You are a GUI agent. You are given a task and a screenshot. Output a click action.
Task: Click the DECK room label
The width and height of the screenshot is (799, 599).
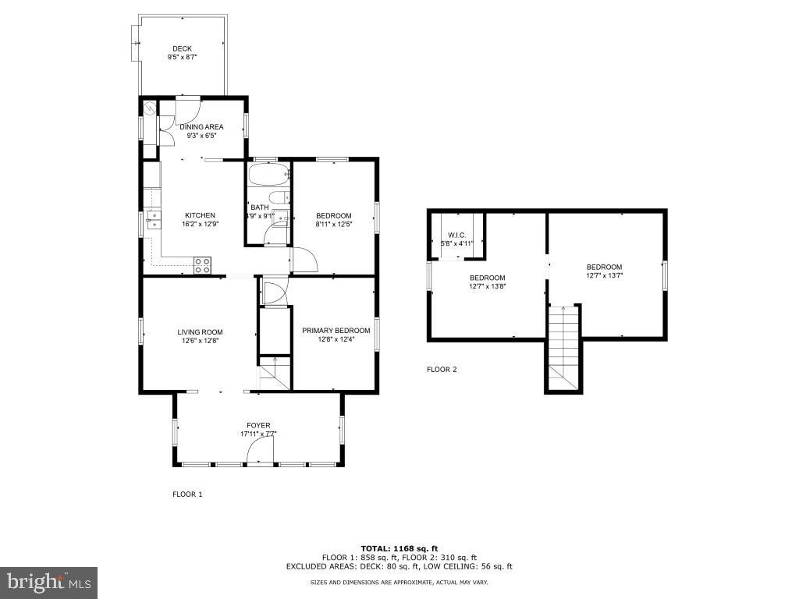(x=182, y=49)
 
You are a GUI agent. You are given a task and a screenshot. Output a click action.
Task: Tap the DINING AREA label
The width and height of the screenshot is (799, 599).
(x=201, y=127)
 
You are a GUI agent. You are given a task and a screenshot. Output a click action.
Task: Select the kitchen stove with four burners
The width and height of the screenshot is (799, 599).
(x=202, y=265)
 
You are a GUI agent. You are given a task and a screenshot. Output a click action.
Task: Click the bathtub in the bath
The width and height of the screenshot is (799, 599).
(x=268, y=173)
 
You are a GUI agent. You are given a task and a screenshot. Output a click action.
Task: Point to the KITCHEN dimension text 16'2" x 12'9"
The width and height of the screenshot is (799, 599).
(x=200, y=224)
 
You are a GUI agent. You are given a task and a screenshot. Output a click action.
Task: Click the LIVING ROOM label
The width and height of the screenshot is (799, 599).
(x=200, y=332)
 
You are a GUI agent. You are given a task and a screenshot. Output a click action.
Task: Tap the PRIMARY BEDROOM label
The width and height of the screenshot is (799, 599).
(x=336, y=331)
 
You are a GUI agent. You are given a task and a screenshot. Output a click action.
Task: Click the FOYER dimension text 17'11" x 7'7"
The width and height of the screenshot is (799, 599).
(x=258, y=434)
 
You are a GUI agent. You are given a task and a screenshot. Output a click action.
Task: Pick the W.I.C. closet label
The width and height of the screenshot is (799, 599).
(x=456, y=235)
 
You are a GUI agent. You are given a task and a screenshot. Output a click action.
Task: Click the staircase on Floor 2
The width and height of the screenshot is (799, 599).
(x=563, y=347)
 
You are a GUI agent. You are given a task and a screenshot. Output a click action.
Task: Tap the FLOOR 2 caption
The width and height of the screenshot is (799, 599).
(x=442, y=370)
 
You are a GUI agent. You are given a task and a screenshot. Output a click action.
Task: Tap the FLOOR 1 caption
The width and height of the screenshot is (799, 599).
(x=187, y=494)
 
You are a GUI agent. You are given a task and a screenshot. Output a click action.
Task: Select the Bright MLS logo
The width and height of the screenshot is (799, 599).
(x=48, y=582)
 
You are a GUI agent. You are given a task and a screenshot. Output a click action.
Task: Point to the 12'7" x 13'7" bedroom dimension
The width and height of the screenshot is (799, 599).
(x=604, y=275)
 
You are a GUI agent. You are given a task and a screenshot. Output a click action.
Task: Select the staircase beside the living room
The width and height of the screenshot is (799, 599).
(x=274, y=372)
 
